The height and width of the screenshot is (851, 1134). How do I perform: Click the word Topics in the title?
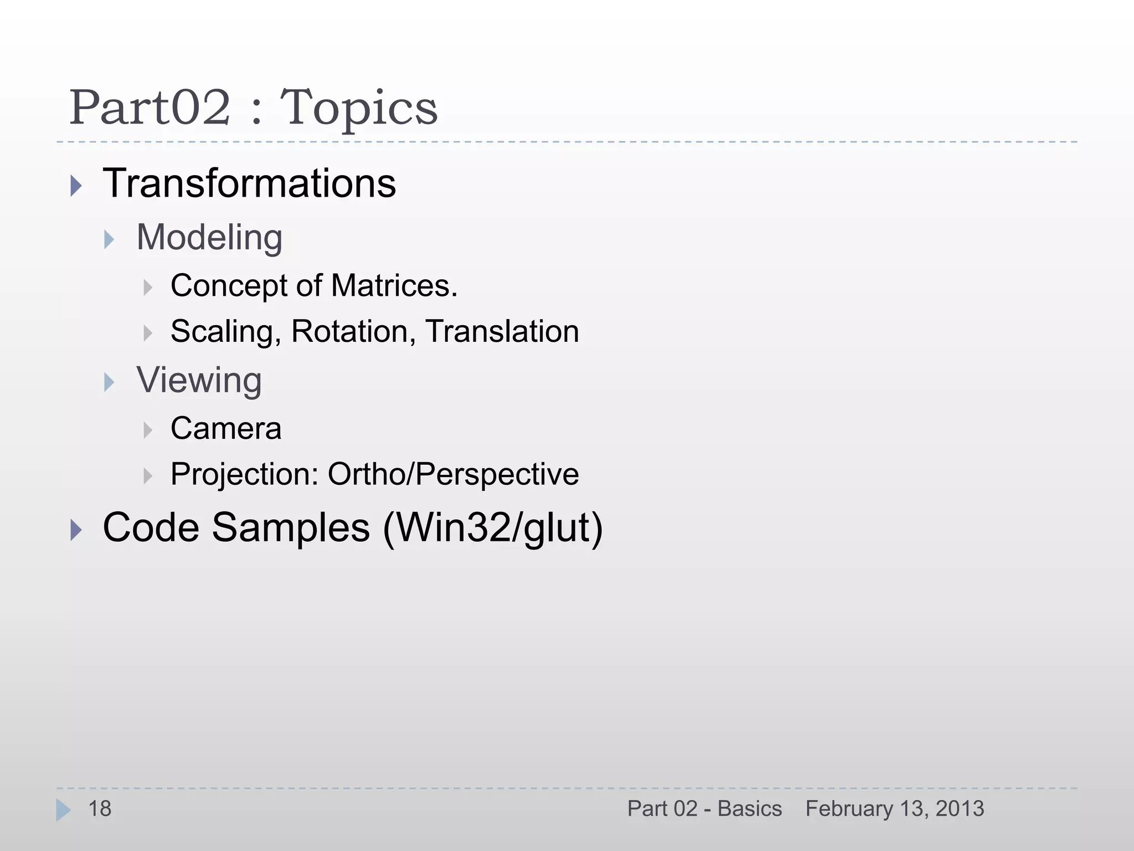click(359, 109)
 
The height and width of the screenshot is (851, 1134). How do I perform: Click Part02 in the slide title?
click(150, 107)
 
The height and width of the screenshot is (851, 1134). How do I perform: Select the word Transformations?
click(249, 183)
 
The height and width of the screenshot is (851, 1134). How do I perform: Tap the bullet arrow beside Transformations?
click(76, 186)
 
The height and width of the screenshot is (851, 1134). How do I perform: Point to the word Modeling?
click(209, 238)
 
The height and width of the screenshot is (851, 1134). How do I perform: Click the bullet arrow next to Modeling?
click(109, 240)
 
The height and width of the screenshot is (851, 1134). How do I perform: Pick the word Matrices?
click(394, 286)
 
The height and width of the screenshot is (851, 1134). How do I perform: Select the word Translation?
click(502, 331)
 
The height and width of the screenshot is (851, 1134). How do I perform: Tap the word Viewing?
click(199, 381)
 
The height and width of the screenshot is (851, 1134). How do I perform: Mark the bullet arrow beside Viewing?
click(109, 382)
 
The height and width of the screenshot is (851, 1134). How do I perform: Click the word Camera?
click(226, 428)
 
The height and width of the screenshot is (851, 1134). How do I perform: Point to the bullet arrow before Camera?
click(147, 430)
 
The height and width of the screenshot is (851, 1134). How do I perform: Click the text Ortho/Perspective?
click(453, 474)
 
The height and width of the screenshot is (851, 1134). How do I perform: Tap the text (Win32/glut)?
click(492, 528)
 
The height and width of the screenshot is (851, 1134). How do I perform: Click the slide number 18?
click(100, 809)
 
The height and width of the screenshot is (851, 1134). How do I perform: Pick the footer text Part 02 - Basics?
click(704, 809)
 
